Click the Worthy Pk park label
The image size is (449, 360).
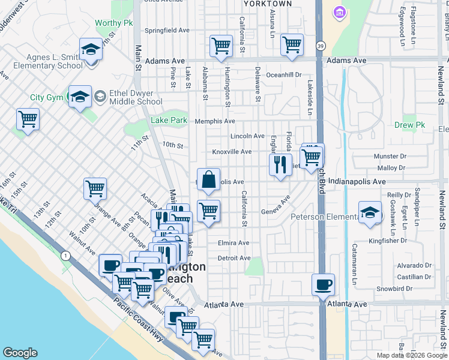click(113, 23)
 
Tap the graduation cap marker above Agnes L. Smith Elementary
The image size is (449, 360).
click(91, 49)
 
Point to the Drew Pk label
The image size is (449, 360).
click(410, 125)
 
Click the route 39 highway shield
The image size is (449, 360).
click(321, 46)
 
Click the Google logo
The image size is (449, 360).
click(20, 353)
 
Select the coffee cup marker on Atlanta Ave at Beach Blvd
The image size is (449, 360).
click(323, 284)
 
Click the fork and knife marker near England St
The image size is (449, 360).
click(279, 164)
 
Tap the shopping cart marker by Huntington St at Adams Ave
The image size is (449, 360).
click(221, 46)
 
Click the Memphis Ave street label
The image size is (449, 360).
click(215, 121)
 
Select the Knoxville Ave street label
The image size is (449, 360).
click(232, 152)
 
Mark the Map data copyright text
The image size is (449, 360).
click(412, 355)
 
